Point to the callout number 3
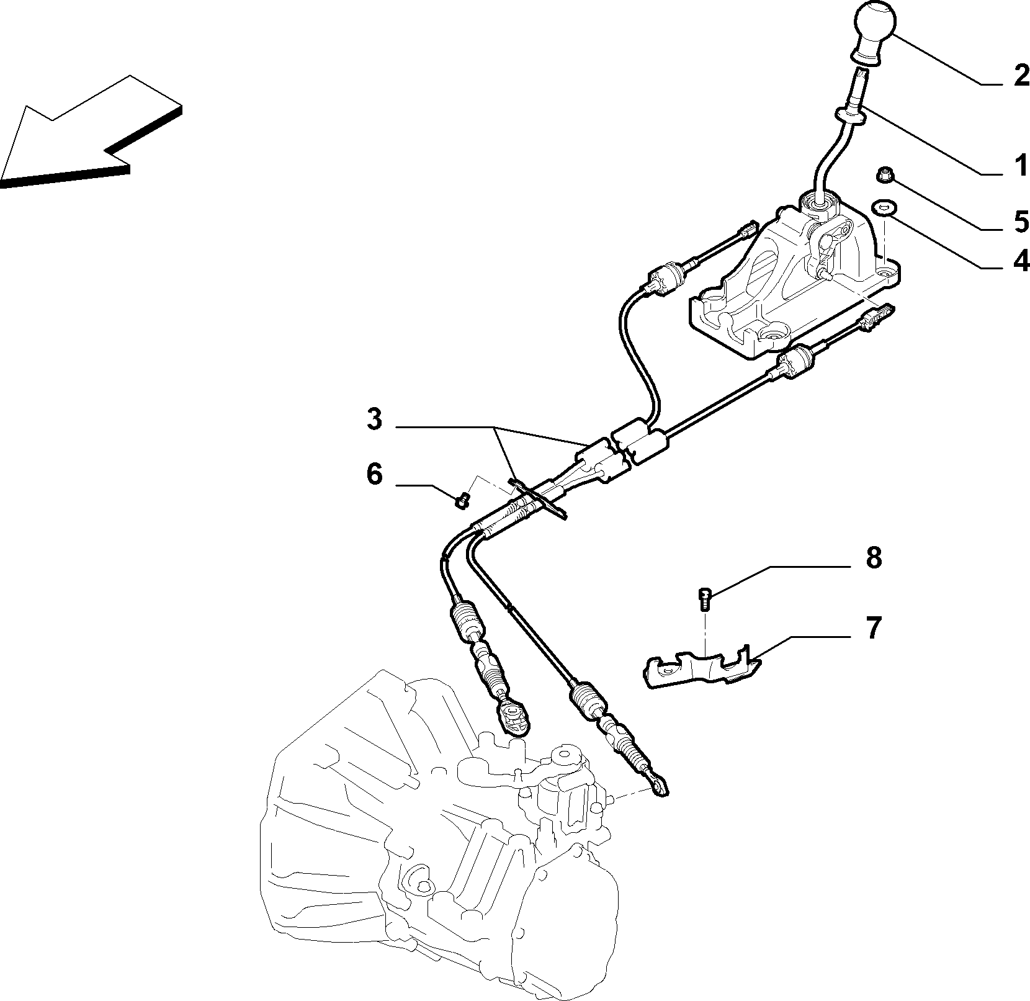[374, 420]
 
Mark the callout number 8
[873, 558]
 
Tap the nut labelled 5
[883, 176]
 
